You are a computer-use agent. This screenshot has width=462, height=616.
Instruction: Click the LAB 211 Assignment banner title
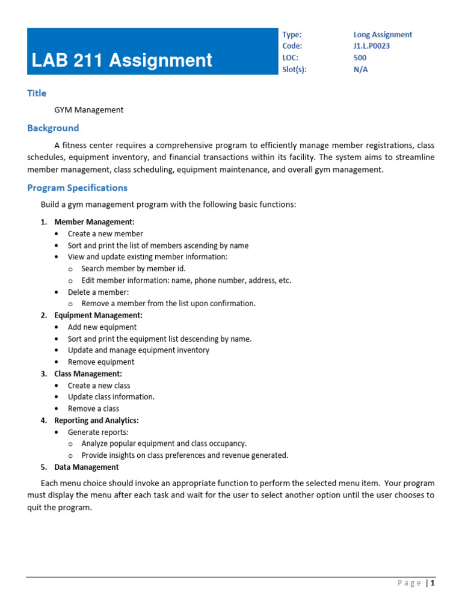[x=122, y=60]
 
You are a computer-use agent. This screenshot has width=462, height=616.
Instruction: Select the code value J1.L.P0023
[x=377, y=46]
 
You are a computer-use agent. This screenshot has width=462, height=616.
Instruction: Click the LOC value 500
[x=360, y=58]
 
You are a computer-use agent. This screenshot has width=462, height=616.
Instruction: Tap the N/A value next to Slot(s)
[x=360, y=69]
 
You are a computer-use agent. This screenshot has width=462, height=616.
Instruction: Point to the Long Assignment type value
[x=383, y=35]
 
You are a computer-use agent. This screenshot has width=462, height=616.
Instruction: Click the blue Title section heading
[x=37, y=93]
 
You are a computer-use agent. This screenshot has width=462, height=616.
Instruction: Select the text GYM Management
[x=88, y=109]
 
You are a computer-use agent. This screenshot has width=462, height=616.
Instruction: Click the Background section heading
[x=53, y=128]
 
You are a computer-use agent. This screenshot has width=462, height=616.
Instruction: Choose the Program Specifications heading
[x=77, y=188]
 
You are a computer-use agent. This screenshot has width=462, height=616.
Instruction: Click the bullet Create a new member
[x=105, y=233]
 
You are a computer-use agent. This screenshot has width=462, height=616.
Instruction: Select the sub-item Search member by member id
[x=134, y=269]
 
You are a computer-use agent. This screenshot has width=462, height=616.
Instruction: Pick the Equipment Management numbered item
[x=98, y=315]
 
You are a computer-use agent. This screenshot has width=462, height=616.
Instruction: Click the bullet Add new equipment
[x=102, y=327]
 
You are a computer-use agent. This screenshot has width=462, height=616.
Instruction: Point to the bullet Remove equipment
[x=101, y=362]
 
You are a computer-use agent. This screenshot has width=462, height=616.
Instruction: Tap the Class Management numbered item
[x=88, y=374]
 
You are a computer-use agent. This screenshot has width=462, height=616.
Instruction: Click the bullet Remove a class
[x=93, y=408]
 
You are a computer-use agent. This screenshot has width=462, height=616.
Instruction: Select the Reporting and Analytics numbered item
[x=96, y=420]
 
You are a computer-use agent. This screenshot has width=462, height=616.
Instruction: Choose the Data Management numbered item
[x=86, y=467]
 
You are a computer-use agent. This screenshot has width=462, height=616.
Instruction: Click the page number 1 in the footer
[x=432, y=583]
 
